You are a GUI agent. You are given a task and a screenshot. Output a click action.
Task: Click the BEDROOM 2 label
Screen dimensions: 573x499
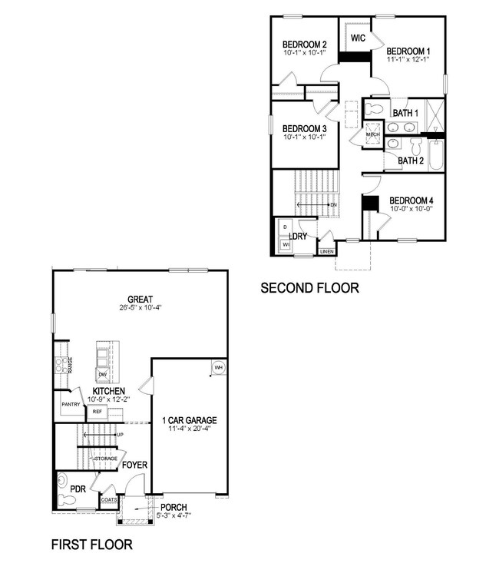click(x=305, y=44)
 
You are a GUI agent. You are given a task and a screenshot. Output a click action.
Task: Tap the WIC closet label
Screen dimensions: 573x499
click(x=358, y=38)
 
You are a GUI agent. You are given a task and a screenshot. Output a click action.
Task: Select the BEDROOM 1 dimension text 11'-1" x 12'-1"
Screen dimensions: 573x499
click(x=408, y=59)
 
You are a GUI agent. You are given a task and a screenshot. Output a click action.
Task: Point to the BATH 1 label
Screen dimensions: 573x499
click(x=406, y=113)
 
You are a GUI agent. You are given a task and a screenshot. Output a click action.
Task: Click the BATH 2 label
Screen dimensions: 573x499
click(x=411, y=161)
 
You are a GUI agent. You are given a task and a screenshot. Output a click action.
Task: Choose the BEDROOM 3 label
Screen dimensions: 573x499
click(x=305, y=128)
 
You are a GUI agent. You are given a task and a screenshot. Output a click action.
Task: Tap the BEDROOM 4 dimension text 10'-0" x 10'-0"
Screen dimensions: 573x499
click(x=411, y=208)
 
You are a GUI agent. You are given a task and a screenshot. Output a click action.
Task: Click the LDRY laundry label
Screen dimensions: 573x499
click(x=298, y=236)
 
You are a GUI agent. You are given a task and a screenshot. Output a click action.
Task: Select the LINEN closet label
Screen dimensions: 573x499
click(x=327, y=251)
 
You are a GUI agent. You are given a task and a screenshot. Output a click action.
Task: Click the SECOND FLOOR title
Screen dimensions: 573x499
click(x=310, y=289)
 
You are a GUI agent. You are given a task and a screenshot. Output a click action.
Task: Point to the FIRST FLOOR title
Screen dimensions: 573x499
click(x=91, y=545)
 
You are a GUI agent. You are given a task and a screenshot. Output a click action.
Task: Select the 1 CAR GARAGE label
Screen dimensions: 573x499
click(x=189, y=420)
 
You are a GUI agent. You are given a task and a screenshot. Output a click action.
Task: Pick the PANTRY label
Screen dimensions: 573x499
click(x=72, y=403)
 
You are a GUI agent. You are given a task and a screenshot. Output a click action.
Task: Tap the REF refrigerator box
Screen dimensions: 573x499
click(x=97, y=412)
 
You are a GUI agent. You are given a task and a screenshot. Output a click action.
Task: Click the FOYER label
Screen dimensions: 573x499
click(x=134, y=465)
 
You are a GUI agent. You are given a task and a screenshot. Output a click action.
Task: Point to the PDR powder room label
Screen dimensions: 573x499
click(x=77, y=488)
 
